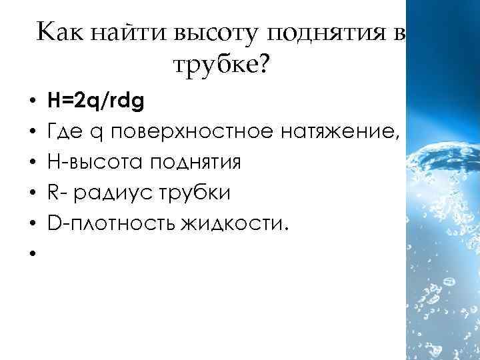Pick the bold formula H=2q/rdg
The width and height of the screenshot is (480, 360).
pos(94,103)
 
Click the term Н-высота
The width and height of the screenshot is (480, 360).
pos(91,163)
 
